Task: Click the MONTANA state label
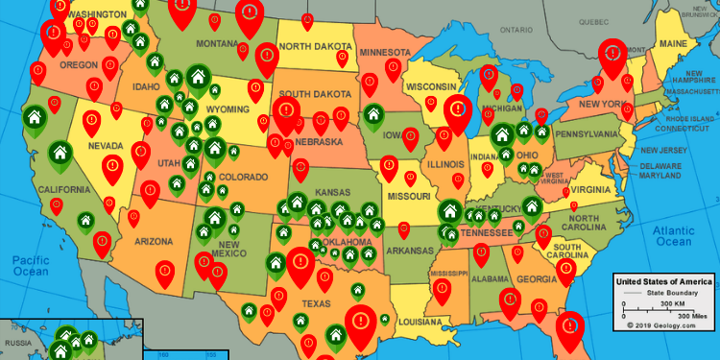tap(216, 44)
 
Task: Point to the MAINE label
tap(672, 44)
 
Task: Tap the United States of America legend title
tap(664, 280)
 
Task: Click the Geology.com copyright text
tap(664, 325)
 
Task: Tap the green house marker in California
tap(60, 151)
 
